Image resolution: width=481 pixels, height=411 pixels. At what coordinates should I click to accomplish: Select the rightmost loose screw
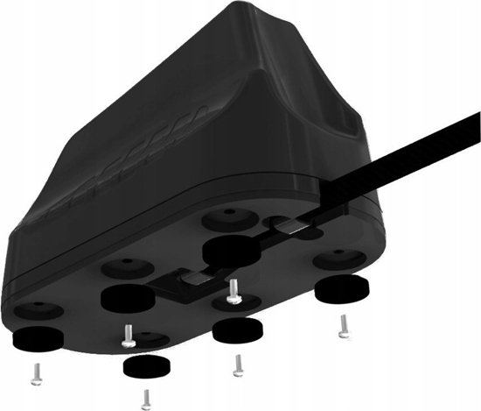344,326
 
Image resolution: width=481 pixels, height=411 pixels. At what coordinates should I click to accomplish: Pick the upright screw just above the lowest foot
128,335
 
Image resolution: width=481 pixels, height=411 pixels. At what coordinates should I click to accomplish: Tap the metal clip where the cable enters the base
294,229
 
